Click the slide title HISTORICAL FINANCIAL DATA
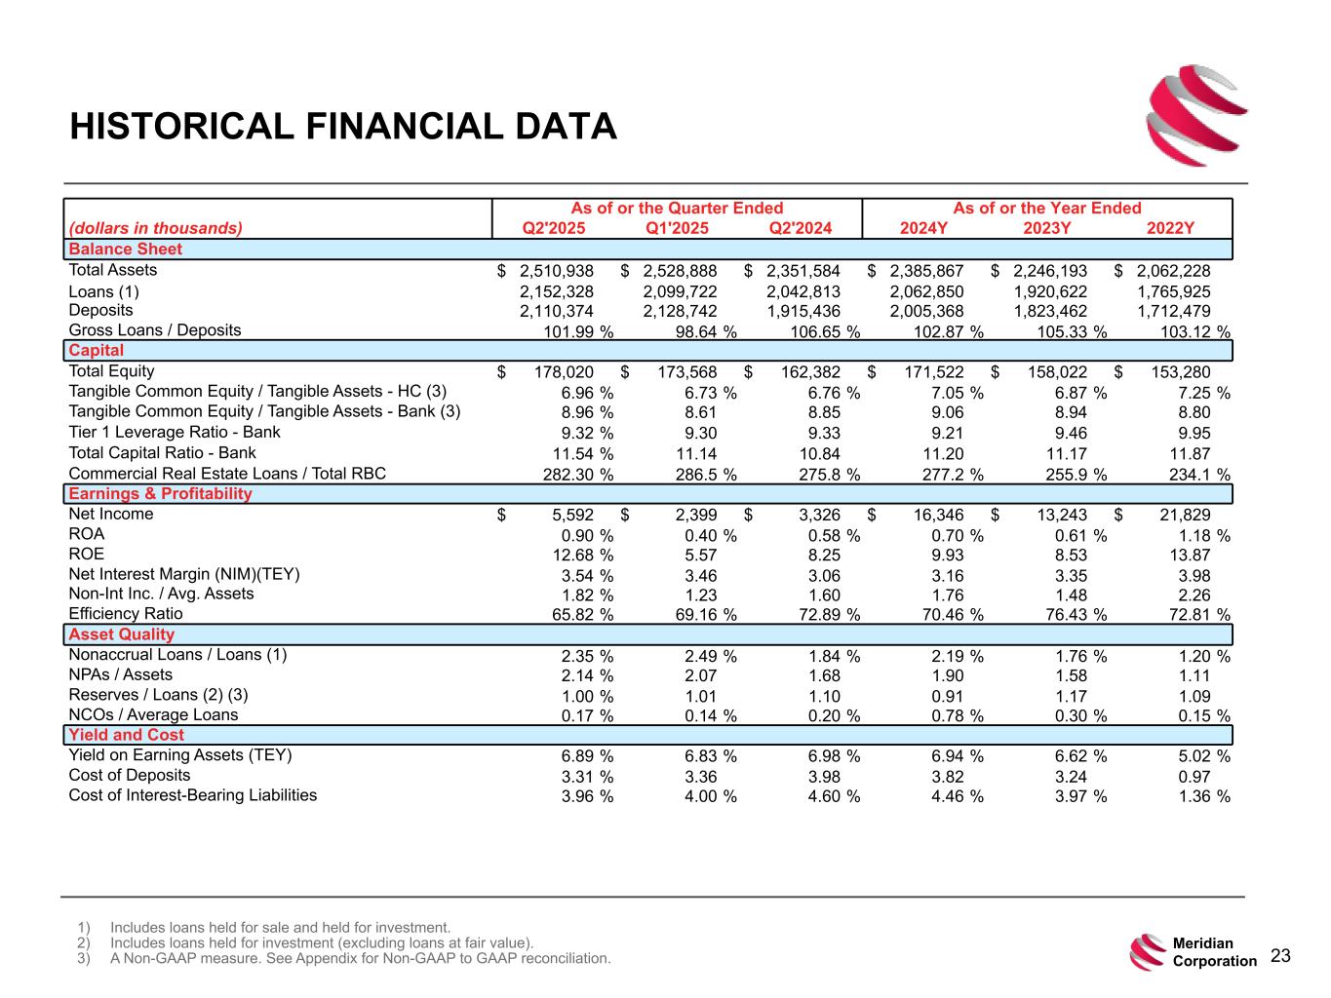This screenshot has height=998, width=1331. tap(343, 127)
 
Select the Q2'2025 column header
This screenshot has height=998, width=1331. tap(554, 229)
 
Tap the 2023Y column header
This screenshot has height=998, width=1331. tap(1047, 229)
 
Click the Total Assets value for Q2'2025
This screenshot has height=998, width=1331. tap(556, 271)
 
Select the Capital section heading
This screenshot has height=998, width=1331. tap(97, 351)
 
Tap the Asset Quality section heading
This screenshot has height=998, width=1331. tap(122, 634)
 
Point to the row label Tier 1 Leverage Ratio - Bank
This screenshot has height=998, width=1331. tap(175, 432)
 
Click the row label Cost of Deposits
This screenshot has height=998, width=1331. tap(130, 776)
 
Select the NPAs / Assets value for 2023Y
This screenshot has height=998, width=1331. tap(1067, 676)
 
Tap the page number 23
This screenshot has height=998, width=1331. tap(1280, 956)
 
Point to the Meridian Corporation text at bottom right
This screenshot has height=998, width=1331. tap(1214, 952)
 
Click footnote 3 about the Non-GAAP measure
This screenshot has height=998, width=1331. tap(361, 958)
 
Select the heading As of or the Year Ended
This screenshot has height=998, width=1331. tap(1046, 208)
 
